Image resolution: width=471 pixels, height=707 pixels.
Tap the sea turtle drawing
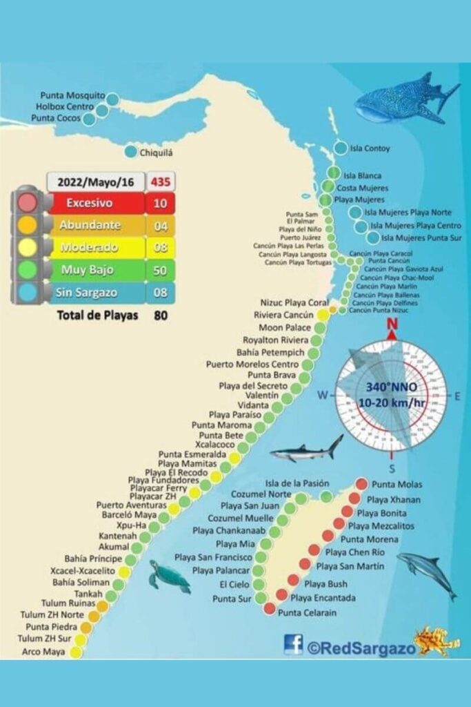170,577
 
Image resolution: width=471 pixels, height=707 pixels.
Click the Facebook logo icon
293,644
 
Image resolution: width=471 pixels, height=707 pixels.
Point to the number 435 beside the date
160,182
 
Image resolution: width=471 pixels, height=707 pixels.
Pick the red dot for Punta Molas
361,484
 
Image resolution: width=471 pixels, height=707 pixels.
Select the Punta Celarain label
307,612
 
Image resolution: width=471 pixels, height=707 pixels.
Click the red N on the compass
392,325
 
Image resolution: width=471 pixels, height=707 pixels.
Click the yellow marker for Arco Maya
76,652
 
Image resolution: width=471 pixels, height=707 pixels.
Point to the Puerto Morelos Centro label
252,364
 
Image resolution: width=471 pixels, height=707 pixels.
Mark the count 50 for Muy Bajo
160,270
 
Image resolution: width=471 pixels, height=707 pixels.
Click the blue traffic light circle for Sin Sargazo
28,292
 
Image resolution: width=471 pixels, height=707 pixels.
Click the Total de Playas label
98,316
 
